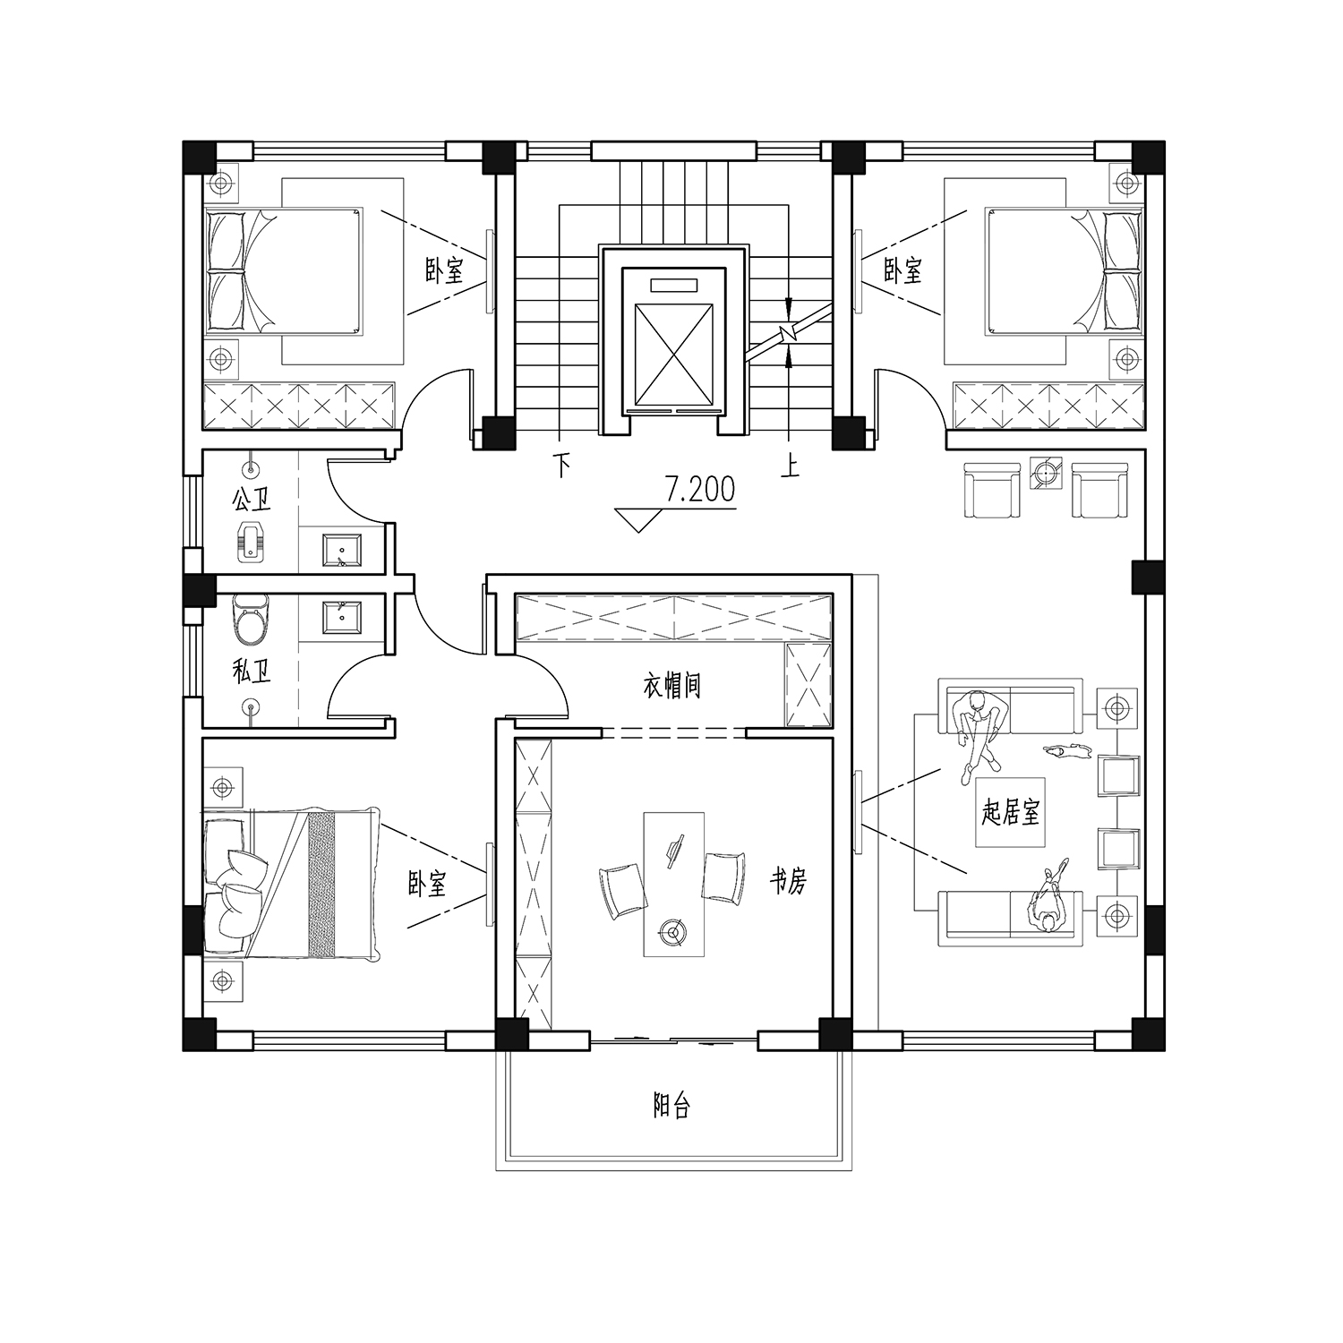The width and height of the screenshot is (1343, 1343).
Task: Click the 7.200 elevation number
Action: pyautogui.click(x=699, y=489)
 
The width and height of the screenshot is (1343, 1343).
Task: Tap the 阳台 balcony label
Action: pyautogui.click(x=671, y=1108)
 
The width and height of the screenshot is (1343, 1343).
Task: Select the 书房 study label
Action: pyautogui.click(x=789, y=883)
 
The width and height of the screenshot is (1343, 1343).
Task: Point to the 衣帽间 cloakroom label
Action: pyautogui.click(x=671, y=687)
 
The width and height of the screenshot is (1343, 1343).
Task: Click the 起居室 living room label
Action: pyautogui.click(x=1011, y=813)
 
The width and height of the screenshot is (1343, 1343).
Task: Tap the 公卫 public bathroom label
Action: pyautogui.click(x=251, y=499)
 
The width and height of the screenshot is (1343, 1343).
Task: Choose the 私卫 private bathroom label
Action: pyautogui.click(x=251, y=672)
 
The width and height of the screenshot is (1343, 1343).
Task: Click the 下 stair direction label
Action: pyautogui.click(x=561, y=466)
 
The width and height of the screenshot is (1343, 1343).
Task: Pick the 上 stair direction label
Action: pyautogui.click(x=789, y=466)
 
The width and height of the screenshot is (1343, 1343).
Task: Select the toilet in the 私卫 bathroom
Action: pyautogui.click(x=250, y=620)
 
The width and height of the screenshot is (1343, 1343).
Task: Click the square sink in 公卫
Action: pyautogui.click(x=342, y=550)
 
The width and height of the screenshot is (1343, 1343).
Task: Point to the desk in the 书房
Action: pyautogui.click(x=674, y=885)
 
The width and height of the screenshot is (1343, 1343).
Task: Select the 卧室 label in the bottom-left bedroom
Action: pyautogui.click(x=427, y=885)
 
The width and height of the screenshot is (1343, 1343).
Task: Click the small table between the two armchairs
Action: pyautogui.click(x=1046, y=474)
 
